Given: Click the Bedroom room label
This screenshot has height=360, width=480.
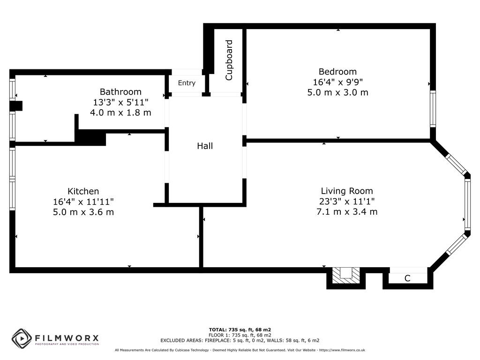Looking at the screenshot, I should coord(337,72).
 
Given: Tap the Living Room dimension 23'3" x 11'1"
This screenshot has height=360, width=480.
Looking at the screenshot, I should coord(347,202).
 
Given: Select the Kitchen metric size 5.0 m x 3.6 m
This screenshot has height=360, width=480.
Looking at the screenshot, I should coord(83,212).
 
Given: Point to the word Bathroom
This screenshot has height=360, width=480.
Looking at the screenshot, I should coord(120,92).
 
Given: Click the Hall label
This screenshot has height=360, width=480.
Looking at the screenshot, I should coord(205,146).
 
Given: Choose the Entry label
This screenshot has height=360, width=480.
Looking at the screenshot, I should coord(187,83).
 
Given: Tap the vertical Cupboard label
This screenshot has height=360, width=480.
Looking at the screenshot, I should coord(229,60).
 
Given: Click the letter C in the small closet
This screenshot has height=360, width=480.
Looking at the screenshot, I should coord(407,278).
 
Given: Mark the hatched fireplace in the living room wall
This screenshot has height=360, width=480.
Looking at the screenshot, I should coord(346,275).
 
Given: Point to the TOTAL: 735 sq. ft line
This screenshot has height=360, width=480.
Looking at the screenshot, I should coord(240,330).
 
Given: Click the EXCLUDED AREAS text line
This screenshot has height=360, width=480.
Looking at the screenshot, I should coord(240,340).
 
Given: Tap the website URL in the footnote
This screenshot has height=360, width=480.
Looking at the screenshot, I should coord(342,350).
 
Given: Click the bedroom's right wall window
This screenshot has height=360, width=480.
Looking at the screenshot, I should coord(433,109).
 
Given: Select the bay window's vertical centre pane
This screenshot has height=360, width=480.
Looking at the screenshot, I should coord(467,204).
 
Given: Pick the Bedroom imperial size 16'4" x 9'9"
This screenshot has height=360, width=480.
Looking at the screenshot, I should coord(337,82).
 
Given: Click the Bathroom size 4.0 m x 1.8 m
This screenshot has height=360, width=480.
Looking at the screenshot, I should coord(120,112).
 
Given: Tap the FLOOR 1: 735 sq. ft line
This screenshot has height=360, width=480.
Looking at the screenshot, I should coord(240,335).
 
